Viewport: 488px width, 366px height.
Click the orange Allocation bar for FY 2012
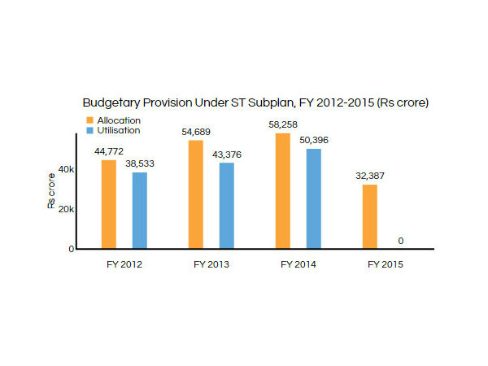click(109, 204)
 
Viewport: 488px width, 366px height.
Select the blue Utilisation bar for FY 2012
click(139, 210)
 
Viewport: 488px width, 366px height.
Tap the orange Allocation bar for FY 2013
click(196, 194)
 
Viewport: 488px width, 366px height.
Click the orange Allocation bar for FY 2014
click(283, 190)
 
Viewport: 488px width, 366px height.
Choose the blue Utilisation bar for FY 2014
click(313, 198)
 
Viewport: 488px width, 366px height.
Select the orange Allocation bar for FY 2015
click(370, 216)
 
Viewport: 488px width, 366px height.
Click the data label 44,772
click(109, 152)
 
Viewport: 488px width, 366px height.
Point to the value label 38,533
click(139, 164)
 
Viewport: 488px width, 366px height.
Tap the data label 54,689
click(196, 133)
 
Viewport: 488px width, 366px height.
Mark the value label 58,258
click(283, 125)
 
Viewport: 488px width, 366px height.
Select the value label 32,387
click(370, 176)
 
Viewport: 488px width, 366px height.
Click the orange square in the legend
click(89, 120)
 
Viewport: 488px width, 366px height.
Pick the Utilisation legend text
click(118, 130)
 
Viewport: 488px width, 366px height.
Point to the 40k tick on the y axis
click(66, 169)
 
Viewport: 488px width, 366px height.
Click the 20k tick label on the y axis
click(66, 209)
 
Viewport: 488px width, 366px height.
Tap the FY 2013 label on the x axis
click(211, 264)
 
